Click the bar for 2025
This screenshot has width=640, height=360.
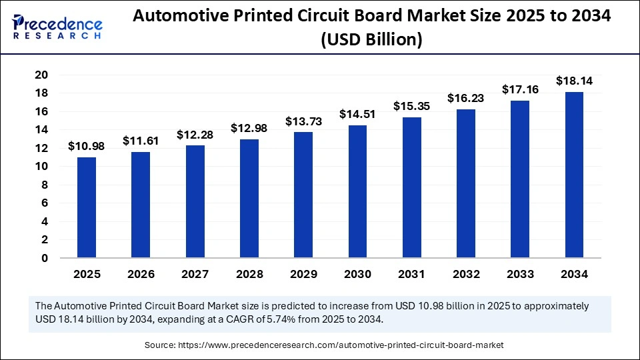coord(87,207)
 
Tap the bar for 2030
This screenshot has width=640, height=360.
coord(357,191)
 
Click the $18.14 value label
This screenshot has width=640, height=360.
coord(574,81)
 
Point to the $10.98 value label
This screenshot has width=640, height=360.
coord(87,147)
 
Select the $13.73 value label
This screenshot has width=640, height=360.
coord(303,121)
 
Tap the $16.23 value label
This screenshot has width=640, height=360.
coord(466,99)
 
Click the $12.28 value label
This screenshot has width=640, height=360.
coord(195,135)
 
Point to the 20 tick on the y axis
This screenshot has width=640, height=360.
coord(41,75)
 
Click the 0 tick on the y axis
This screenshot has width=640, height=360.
coord(45,258)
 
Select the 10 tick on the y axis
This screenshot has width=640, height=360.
coord(41,167)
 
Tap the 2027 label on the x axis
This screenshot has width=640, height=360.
coord(195,274)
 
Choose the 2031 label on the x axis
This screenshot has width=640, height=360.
coord(411,274)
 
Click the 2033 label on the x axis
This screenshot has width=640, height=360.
coord(520,274)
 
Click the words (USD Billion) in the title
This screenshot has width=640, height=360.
coord(371,41)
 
